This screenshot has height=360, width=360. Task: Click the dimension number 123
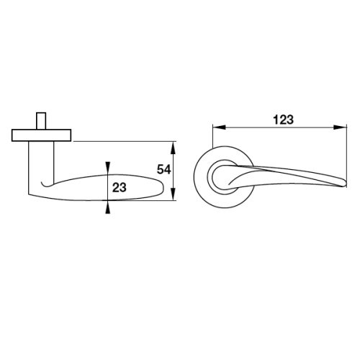pos(283,120)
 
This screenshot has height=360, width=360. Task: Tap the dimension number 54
pos(164,169)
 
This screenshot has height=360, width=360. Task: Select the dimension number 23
pos(120,187)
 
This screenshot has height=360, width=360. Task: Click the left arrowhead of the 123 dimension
pos(219,127)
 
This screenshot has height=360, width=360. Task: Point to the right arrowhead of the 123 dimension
pos(341,127)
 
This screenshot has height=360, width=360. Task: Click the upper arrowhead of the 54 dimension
pos(174,148)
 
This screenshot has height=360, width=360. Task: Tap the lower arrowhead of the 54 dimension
pos(174,194)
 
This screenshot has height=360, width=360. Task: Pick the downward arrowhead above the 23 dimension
pos(108,168)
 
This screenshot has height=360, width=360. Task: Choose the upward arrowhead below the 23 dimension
pos(108,207)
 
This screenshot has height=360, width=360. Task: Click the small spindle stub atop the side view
pos(41,121)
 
